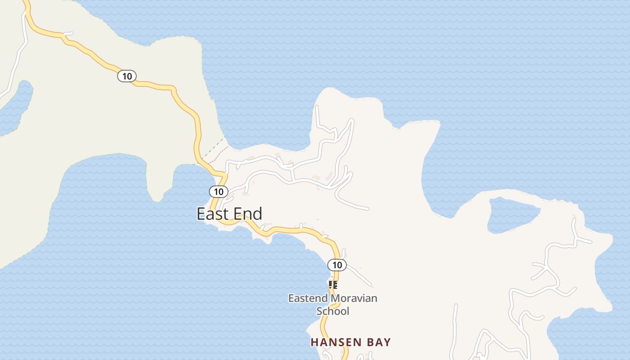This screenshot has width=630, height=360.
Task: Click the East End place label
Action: click(x=229, y=214)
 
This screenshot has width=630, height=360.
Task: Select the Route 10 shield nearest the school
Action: click(x=337, y=265)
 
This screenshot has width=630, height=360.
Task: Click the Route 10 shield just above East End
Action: click(x=219, y=192)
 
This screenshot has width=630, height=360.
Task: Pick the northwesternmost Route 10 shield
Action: click(x=127, y=76)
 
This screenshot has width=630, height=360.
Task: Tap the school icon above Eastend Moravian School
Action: click(x=333, y=284)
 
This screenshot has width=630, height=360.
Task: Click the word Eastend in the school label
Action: click(x=308, y=298)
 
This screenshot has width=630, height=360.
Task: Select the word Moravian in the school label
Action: click(x=354, y=298)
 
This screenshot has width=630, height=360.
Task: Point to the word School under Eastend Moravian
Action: click(x=333, y=311)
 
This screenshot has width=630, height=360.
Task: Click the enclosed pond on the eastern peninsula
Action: click(x=513, y=214)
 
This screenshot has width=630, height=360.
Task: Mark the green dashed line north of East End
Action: click(x=211, y=151)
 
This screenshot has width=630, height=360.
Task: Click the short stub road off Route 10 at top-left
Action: click(x=68, y=33)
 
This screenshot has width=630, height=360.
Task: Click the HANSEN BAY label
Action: click(x=351, y=342)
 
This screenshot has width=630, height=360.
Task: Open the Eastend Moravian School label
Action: click(x=333, y=304)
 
